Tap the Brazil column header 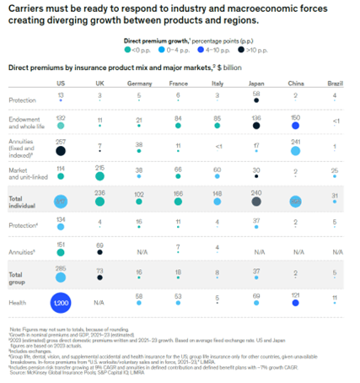(334, 84)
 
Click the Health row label (18, 300)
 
